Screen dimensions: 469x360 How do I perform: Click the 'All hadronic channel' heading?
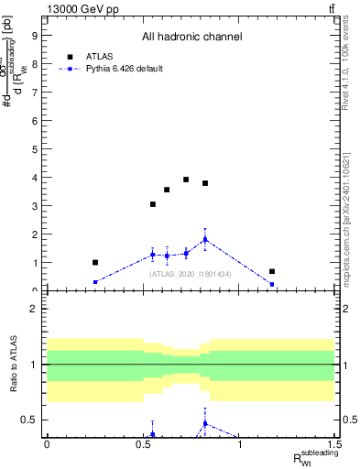point(191,38)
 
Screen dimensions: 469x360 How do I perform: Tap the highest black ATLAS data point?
point(186,180)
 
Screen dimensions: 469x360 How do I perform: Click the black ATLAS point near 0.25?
point(95,262)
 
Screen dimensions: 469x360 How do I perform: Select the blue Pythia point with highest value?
point(205,239)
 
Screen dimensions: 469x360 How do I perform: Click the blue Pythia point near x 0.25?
point(95,282)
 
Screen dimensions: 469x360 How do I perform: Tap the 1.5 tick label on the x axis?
point(335,444)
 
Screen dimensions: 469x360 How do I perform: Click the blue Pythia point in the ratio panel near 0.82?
point(205,423)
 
